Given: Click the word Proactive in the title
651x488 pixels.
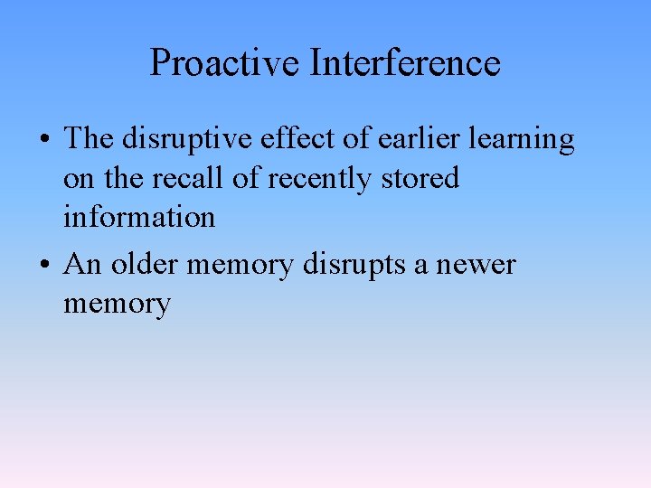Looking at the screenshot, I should [225, 63].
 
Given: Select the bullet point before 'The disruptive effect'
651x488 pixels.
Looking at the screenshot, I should [44, 140].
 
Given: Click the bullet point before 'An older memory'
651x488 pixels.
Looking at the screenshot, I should [44, 266].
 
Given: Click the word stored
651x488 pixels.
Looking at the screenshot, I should [419, 179].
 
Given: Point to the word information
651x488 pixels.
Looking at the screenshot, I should [139, 218].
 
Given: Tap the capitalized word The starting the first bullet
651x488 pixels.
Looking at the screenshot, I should [88, 140].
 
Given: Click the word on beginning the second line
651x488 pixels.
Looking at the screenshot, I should [79, 179].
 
